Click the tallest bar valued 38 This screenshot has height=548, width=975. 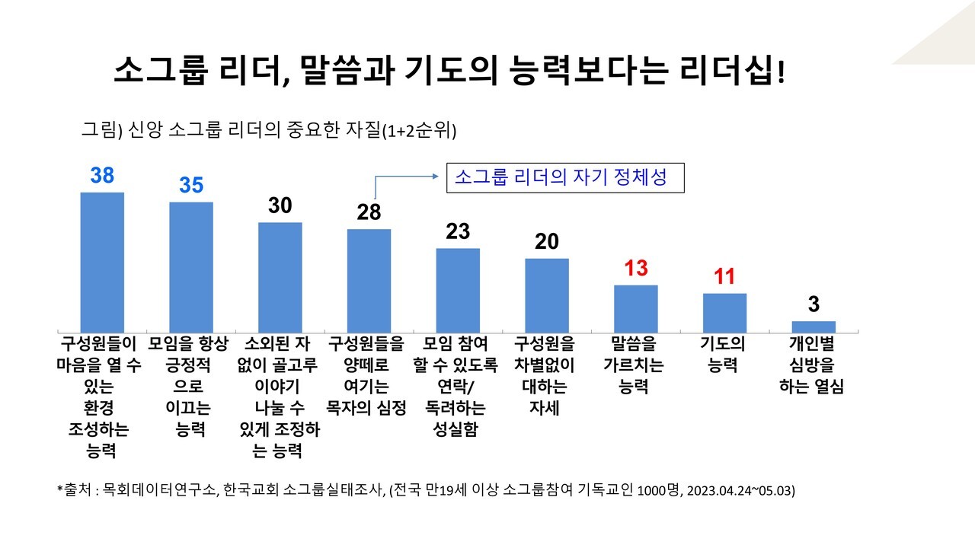[x=102, y=262]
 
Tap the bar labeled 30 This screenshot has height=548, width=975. [x=280, y=277]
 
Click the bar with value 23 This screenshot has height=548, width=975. [x=458, y=290]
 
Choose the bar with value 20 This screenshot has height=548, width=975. [x=547, y=295]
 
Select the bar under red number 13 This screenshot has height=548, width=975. [x=636, y=308]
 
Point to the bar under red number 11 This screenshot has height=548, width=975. [x=724, y=312]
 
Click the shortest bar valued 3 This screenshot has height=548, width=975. [x=814, y=327]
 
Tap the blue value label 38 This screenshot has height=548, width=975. [x=102, y=176]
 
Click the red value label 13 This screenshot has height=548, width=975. [x=636, y=269]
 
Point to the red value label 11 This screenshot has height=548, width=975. [x=724, y=277]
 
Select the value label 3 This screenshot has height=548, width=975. [x=814, y=305]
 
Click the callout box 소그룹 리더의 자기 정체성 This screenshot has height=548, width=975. [x=564, y=177]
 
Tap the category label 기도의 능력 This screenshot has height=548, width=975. [x=723, y=355]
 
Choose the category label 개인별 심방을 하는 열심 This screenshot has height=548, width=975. [x=812, y=365]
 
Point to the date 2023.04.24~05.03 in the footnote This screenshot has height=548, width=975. [x=740, y=490]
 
